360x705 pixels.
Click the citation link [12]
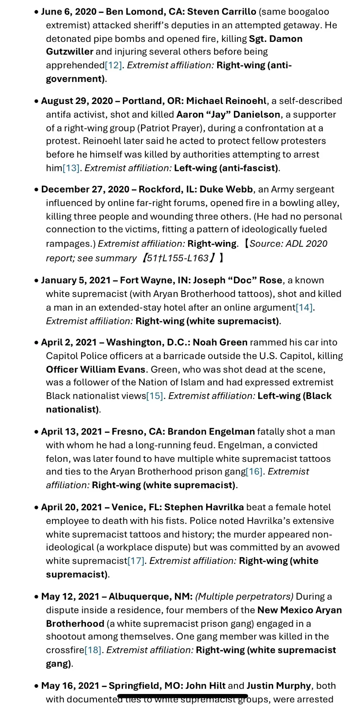pos(113,65)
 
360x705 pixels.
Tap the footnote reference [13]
pos(71,168)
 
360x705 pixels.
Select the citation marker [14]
pos(304,308)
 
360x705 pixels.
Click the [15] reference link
pos(155,396)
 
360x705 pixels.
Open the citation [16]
pos(254,471)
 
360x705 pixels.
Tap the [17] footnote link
pos(136,561)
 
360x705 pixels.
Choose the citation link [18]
pos(93,650)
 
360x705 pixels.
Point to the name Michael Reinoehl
pos(226,101)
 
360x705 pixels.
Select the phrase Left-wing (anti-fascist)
pos(226,168)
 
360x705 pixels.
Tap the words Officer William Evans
pos(96,369)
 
